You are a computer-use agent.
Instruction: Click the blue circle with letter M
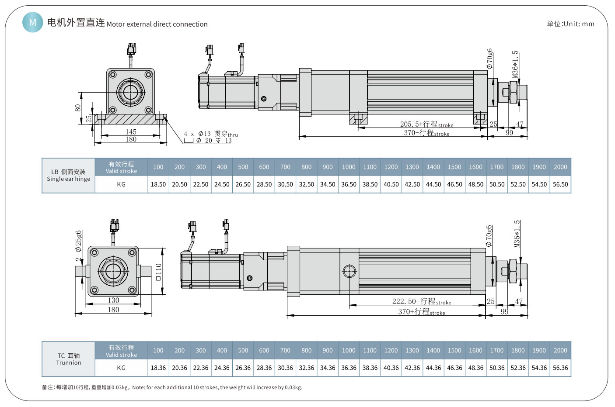click(x=33, y=22)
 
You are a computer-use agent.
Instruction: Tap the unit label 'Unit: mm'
click(x=570, y=24)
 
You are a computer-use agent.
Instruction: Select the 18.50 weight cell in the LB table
click(x=158, y=184)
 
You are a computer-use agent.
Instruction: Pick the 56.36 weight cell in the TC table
click(x=560, y=368)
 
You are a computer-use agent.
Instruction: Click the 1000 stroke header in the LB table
click(x=349, y=167)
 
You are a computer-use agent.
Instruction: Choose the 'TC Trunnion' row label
click(x=69, y=359)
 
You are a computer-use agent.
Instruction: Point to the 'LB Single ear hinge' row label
click(x=69, y=175)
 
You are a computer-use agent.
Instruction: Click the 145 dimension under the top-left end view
click(x=131, y=132)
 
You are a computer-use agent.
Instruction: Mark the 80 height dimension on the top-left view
click(x=78, y=107)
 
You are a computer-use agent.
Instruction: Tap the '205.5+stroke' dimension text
click(x=426, y=124)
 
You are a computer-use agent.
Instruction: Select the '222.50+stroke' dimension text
click(x=421, y=301)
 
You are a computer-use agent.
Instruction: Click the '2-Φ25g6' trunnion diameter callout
click(x=78, y=245)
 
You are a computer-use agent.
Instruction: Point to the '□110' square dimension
click(x=158, y=272)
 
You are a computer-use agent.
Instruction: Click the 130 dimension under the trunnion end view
click(x=113, y=300)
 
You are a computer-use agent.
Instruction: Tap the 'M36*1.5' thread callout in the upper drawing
click(x=516, y=64)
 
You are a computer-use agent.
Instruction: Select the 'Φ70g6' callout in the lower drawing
click(x=489, y=236)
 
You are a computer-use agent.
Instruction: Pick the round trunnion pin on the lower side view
click(x=349, y=271)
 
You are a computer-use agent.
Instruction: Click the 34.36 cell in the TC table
click(x=328, y=368)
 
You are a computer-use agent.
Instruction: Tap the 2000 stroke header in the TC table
click(x=560, y=350)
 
